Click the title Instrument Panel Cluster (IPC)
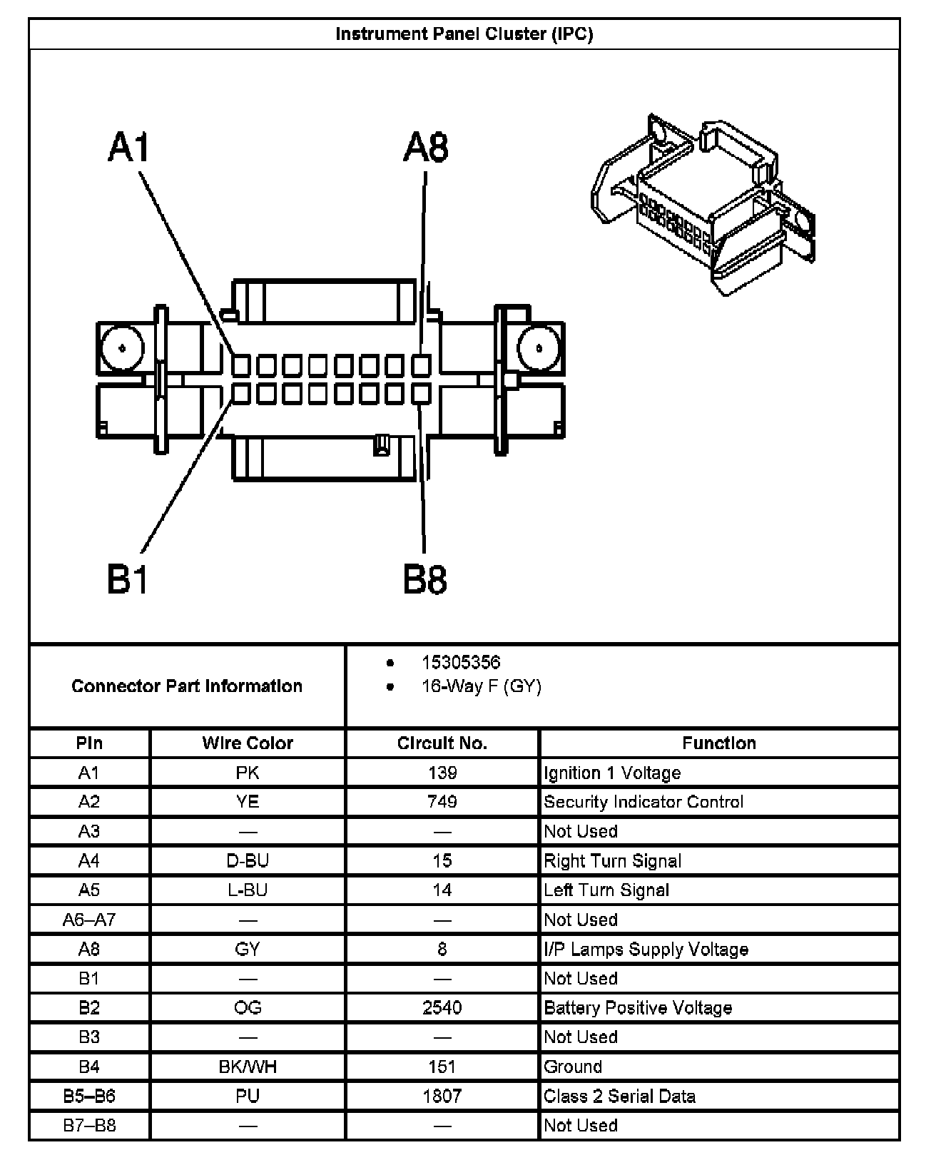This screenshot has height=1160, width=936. coord(464,34)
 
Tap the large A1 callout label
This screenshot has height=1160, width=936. coord(129,148)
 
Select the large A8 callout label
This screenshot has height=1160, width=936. coord(426,148)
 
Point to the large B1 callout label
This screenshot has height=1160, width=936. coord(128,579)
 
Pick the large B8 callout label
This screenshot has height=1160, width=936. coord(425,579)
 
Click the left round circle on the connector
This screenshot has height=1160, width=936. coord(122,349)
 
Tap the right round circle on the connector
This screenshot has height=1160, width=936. coord(539,349)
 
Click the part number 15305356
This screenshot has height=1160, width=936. coord(461,662)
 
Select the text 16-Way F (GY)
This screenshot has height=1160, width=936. coord(482,686)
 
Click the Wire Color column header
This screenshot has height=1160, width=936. coord(248,743)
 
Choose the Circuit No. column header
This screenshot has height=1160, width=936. coord(442,743)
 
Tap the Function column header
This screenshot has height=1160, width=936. coord(719,743)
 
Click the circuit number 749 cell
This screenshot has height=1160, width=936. coord(442,801)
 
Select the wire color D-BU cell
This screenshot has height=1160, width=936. coord(248,860)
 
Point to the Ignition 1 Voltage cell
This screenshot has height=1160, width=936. coord(612,773)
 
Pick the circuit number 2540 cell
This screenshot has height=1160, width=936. coord(442,1007)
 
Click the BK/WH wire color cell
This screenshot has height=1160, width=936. coord(248,1067)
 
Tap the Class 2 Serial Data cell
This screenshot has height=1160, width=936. coord(619,1096)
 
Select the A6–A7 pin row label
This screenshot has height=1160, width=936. coord(89,920)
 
